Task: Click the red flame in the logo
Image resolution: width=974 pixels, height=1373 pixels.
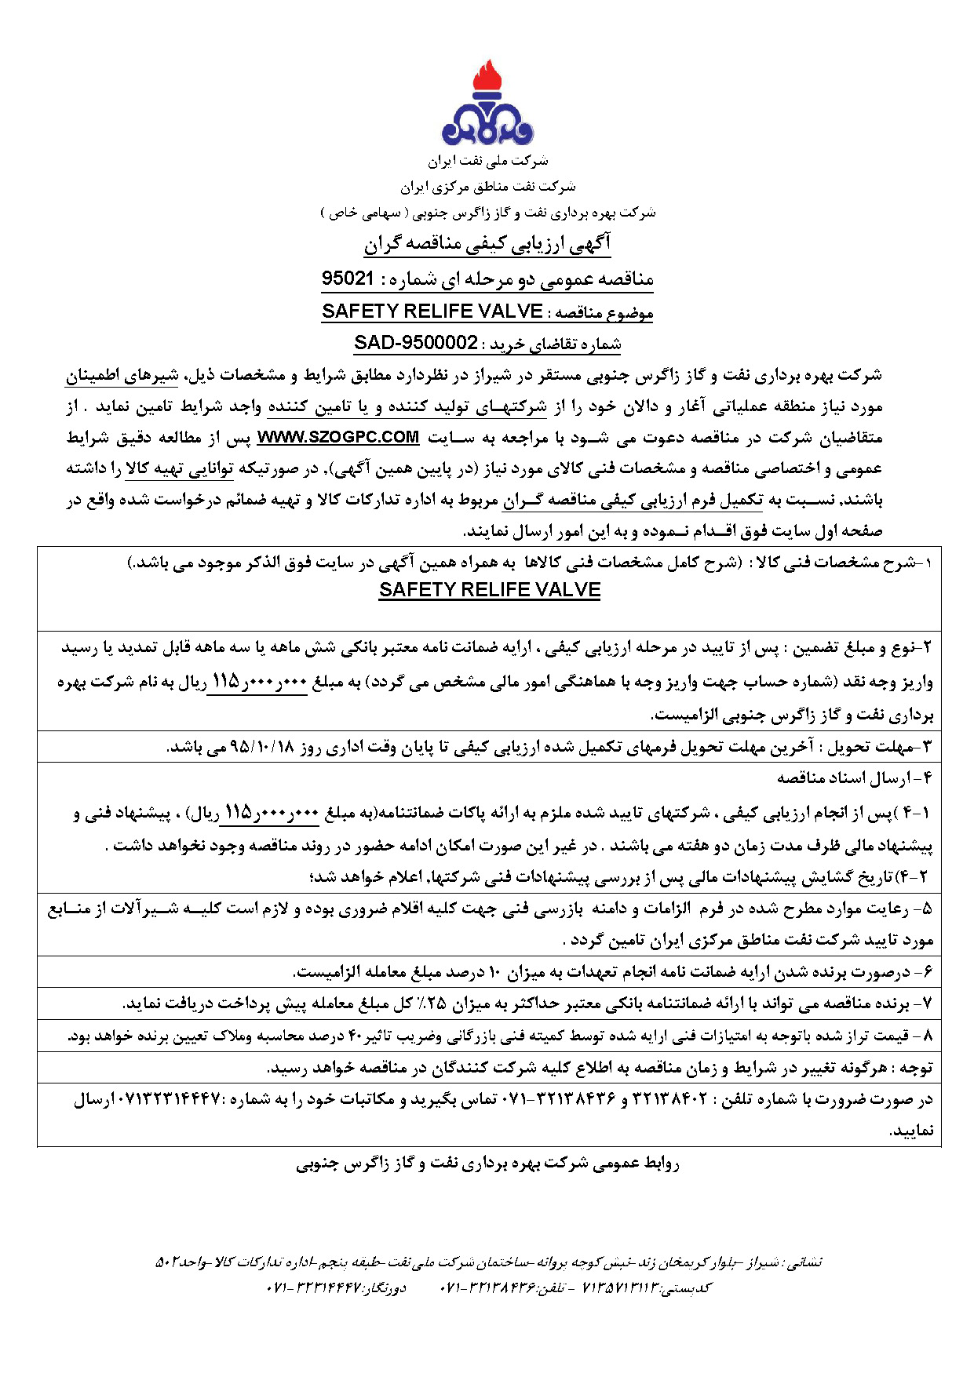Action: (x=487, y=78)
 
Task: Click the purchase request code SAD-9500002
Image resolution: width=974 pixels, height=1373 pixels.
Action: (x=416, y=343)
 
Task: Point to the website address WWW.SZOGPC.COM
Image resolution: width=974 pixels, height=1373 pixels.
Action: (x=338, y=437)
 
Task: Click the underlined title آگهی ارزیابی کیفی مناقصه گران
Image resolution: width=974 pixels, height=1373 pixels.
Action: (x=487, y=244)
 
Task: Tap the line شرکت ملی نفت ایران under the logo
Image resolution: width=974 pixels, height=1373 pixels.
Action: (x=487, y=162)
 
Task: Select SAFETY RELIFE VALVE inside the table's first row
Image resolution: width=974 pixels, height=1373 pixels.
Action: (x=489, y=590)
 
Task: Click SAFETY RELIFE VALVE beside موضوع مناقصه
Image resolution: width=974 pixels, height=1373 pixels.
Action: (x=432, y=311)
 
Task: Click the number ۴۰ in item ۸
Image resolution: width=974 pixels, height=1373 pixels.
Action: (x=356, y=1036)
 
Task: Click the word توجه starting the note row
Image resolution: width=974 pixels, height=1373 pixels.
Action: (x=915, y=1068)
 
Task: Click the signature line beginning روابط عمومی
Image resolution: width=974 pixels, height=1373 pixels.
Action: (x=487, y=1164)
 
